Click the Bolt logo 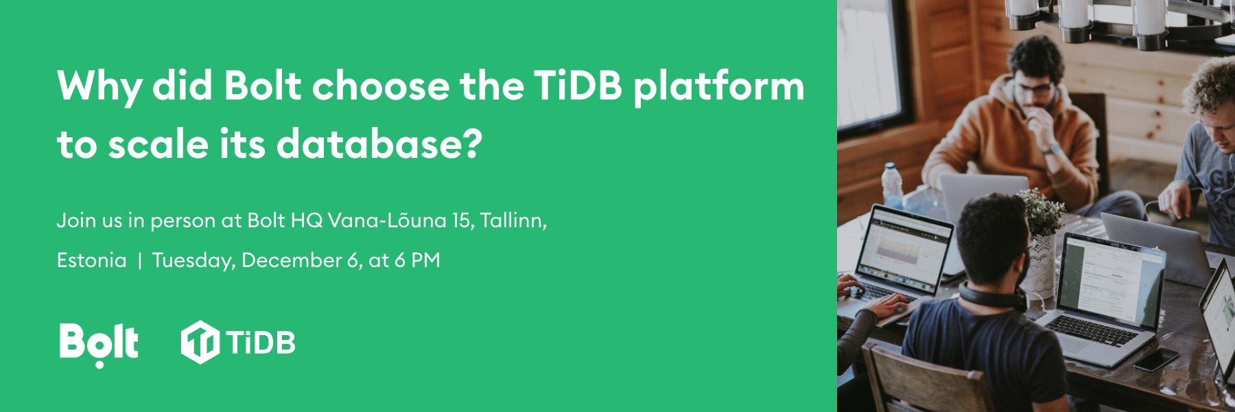[99, 343]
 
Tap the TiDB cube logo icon [200, 341]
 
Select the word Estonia [92, 261]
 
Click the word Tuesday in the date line [193, 262]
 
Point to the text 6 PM [417, 261]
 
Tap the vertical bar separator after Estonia [140, 262]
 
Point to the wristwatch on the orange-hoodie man [1048, 148]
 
